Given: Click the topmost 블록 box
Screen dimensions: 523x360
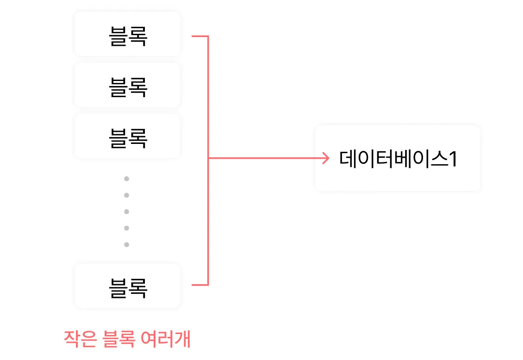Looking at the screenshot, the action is pos(127,35).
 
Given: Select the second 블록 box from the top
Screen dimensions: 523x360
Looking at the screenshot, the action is pos(127,86).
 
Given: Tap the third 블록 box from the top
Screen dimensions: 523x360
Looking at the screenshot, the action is pos(127,137).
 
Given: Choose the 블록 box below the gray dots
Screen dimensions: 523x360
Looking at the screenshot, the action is pos(127,287).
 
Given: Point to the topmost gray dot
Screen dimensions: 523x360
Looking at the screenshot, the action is pos(126,179).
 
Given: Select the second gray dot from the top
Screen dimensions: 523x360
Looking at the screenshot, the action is pos(126,195).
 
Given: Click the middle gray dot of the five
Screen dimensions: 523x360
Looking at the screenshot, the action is pos(126,211).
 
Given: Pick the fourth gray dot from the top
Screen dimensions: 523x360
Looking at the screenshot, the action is pos(126,228).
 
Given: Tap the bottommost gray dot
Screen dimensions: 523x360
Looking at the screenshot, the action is pos(126,244).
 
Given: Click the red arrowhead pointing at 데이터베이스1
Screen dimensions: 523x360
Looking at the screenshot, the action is pos(326,159).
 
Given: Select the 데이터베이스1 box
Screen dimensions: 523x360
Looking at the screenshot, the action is pos(397,158).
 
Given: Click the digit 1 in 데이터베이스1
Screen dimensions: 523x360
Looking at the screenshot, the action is pos(453,159).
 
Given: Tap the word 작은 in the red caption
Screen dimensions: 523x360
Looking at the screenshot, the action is pos(80,340).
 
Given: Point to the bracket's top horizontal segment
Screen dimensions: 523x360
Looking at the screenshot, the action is pos(199,36).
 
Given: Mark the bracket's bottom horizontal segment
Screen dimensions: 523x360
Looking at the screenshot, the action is pos(199,285).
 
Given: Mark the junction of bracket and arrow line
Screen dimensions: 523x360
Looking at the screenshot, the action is pos(208,159).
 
